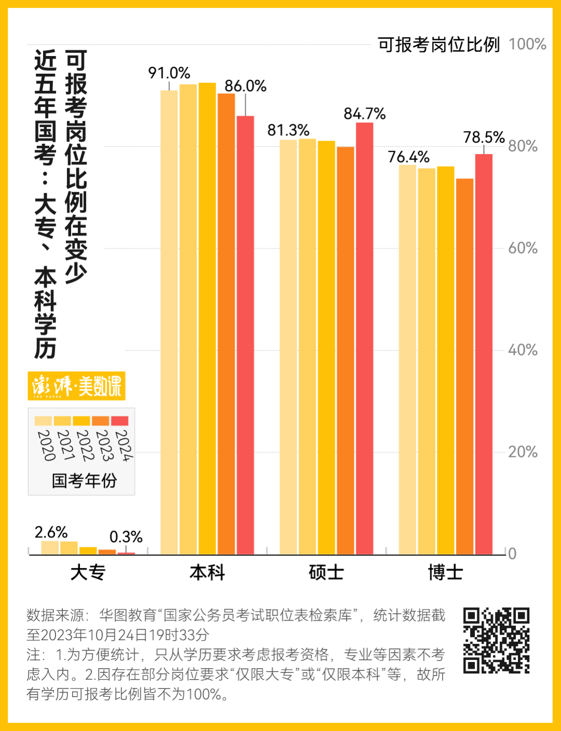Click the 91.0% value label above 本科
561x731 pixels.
(169, 73)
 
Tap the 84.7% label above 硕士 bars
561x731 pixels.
(365, 114)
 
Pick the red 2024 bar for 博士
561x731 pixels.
(484, 353)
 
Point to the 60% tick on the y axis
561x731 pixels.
(523, 248)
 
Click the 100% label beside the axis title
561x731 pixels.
(527, 45)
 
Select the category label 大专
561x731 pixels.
(88, 572)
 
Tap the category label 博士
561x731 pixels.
(445, 572)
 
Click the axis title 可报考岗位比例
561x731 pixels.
(438, 45)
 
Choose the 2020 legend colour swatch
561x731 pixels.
(43, 421)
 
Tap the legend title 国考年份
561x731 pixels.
(84, 480)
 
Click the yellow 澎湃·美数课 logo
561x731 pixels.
(76, 386)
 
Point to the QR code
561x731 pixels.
(496, 640)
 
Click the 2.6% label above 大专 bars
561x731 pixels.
(51, 532)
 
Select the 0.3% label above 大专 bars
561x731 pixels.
(126, 537)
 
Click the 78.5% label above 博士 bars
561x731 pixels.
(484, 138)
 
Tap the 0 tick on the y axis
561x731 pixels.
(512, 554)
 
